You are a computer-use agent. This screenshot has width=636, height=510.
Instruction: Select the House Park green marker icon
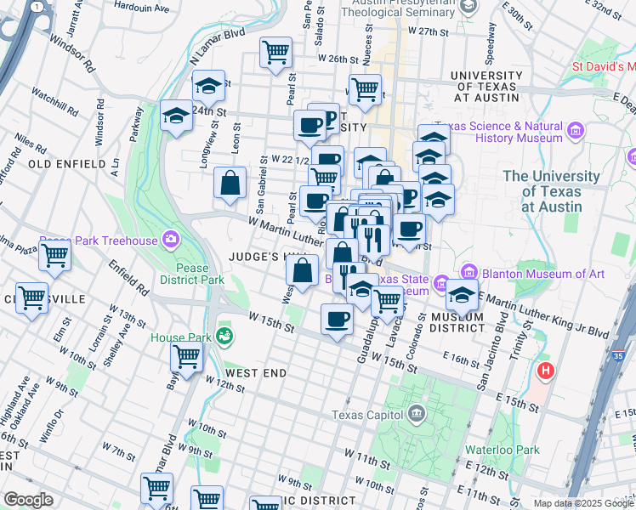224,337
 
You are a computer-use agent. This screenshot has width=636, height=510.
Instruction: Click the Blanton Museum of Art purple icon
441,281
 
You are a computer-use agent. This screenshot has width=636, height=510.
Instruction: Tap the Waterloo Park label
503,450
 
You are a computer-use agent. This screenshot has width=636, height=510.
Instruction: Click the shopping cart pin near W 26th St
275,53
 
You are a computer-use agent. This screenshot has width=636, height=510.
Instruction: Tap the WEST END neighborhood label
256,373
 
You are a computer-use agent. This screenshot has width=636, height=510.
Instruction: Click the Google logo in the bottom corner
28,499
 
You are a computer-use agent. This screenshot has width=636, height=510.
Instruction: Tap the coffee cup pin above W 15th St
337,319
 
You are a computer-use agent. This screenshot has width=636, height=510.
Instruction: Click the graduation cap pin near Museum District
462,295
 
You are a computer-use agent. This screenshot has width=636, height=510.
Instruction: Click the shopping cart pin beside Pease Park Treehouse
54,253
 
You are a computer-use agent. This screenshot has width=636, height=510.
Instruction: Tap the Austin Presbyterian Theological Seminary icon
467,7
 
